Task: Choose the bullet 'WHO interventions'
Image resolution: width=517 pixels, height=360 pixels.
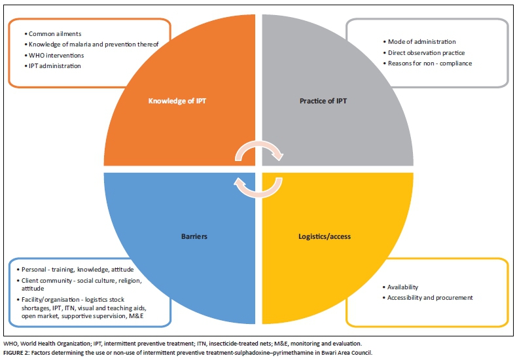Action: tap(56, 56)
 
